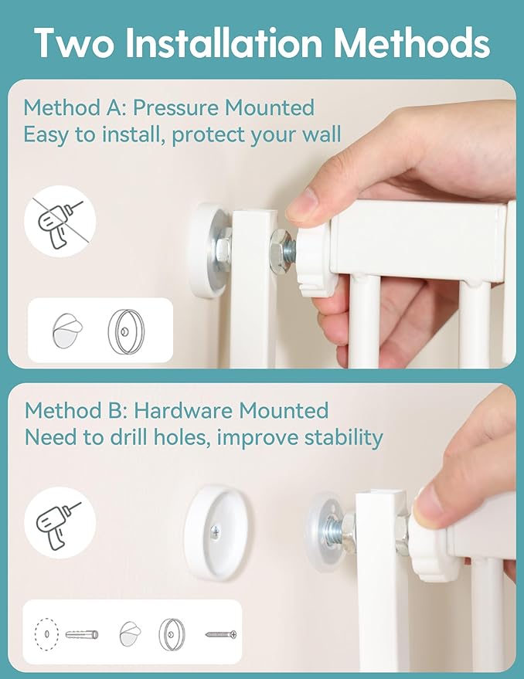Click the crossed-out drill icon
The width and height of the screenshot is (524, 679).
click(60, 221)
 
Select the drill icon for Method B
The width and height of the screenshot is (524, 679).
click(60, 524)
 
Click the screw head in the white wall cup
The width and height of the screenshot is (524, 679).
click(215, 532)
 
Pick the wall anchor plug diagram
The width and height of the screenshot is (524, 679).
click(82, 635)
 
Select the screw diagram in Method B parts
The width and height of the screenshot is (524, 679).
click(221, 635)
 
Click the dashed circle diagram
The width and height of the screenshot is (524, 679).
click(46, 634)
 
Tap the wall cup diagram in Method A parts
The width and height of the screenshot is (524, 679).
click(126, 331)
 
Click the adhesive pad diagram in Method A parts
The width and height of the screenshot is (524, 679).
click(67, 331)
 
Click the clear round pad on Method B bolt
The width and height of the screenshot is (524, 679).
click(326, 531)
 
